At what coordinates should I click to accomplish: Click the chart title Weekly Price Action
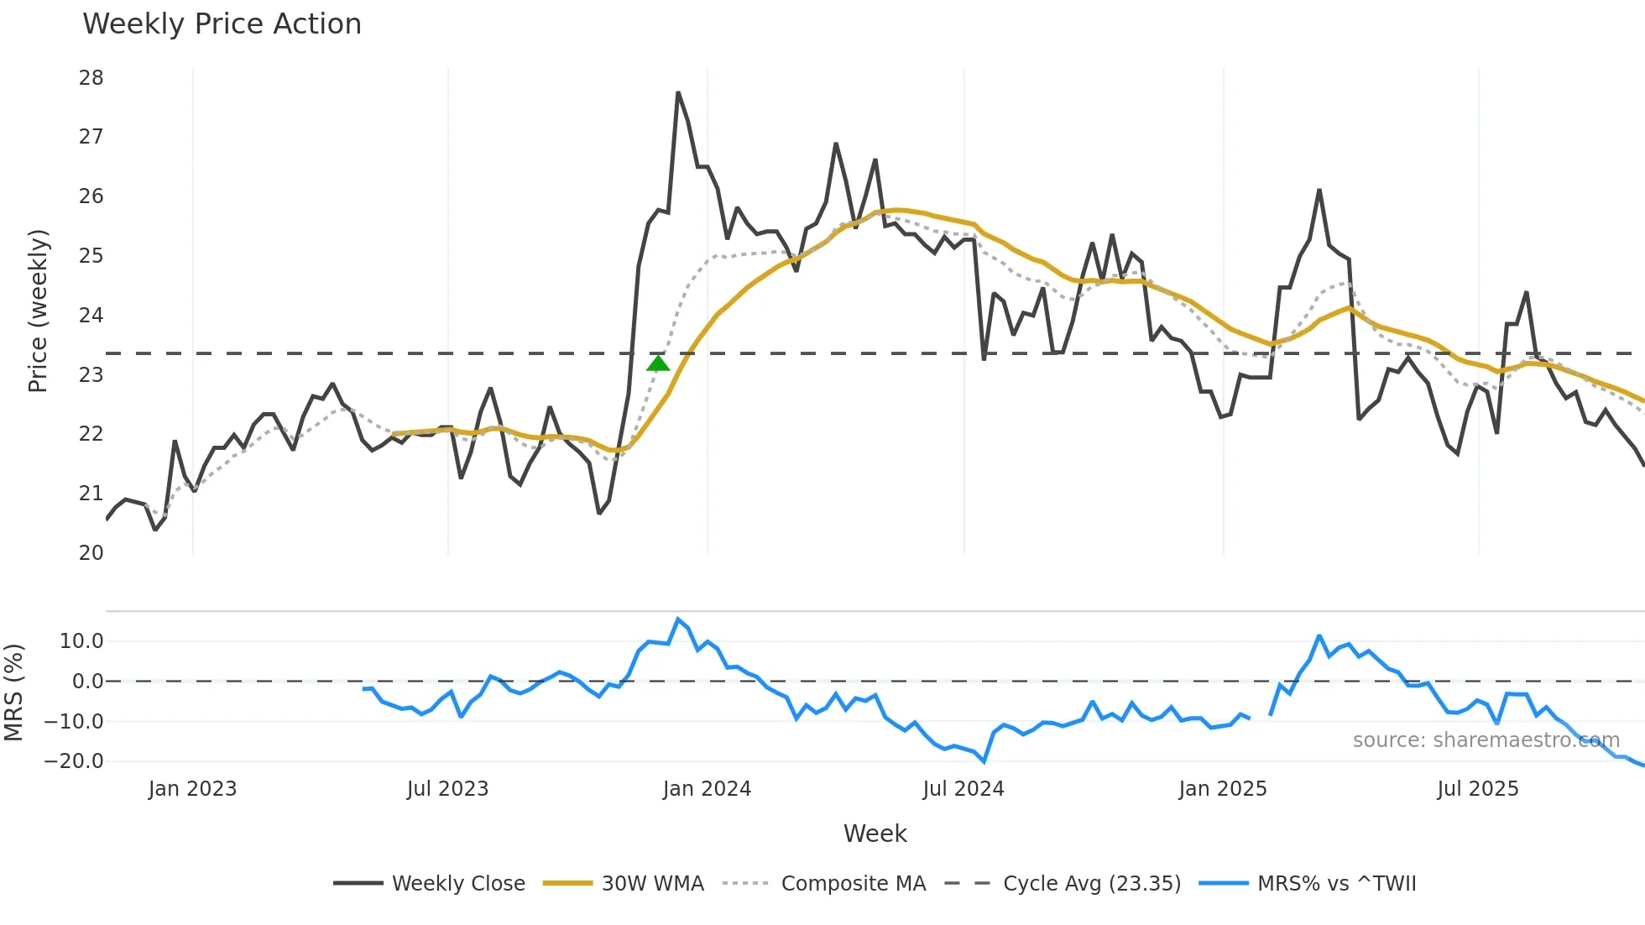222,24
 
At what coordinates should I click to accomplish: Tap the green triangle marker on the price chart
658,363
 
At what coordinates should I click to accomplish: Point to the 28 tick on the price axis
91,78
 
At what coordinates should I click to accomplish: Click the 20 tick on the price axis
91,553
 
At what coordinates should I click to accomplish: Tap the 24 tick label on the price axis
91,316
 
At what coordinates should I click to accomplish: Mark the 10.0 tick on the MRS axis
81,641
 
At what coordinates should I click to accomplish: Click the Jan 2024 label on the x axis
707,789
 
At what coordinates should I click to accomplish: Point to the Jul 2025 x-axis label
1477,789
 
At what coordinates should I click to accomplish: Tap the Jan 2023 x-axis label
192,789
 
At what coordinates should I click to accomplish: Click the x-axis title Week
875,834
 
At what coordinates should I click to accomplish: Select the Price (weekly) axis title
39,311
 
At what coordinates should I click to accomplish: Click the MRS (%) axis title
14,692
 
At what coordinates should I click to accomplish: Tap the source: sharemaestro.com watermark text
1486,740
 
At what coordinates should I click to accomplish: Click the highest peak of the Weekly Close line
677,92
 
